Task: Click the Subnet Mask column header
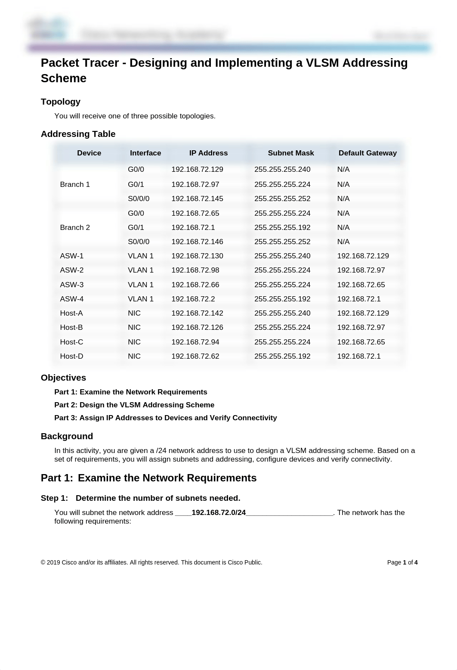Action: (290, 153)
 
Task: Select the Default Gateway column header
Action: (367, 153)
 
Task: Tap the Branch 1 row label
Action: (75, 184)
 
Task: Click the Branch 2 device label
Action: (75, 227)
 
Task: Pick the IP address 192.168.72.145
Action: (197, 199)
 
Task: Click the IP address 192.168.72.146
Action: (197, 242)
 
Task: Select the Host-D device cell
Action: (71, 356)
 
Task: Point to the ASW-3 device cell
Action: (72, 285)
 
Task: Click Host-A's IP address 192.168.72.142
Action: (197, 313)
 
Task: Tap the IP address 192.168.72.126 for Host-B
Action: (197, 327)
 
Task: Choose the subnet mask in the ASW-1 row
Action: (282, 256)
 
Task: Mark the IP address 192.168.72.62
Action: (195, 356)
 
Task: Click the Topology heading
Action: (61, 102)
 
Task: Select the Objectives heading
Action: (63, 378)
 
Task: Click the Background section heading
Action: (67, 436)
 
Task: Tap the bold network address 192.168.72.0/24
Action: (219, 512)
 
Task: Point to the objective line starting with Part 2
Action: (134, 405)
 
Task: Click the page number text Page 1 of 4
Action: (402, 562)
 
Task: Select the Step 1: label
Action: (54, 498)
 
